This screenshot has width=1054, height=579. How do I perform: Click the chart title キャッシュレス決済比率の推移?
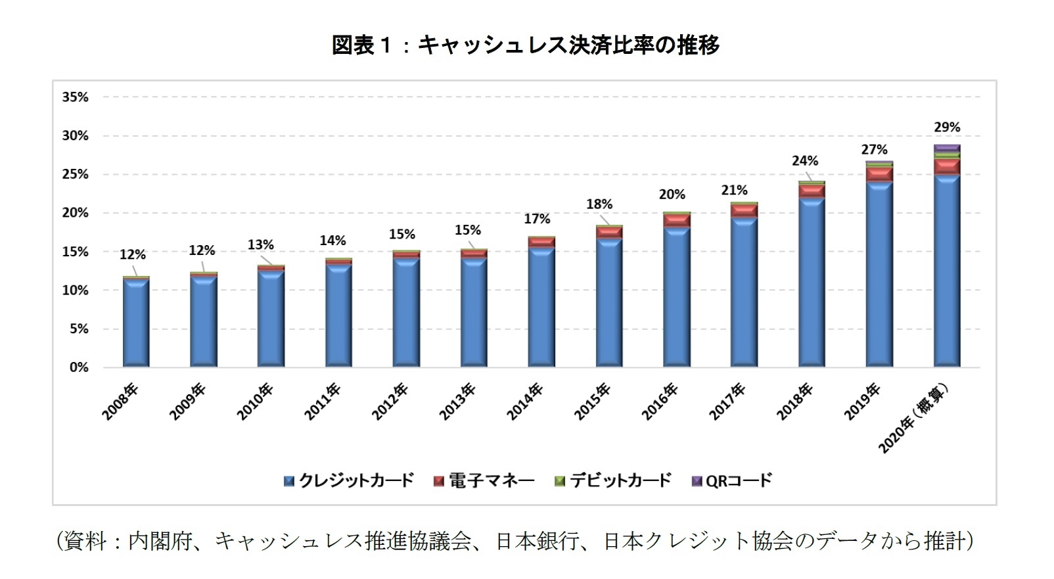pos(526,45)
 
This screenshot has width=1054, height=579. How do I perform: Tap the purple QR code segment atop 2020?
pos(947,148)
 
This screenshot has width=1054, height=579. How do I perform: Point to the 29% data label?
pos(947,127)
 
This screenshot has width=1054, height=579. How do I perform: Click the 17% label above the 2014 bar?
pos(537,219)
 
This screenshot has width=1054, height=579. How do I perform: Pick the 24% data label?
pos(804,161)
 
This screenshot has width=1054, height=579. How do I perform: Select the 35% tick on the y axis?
pos(75,97)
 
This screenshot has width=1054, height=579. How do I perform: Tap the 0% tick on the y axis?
pos(79,367)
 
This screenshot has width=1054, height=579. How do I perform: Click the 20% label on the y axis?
pos(75,213)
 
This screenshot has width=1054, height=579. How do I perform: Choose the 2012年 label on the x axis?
pos(390,402)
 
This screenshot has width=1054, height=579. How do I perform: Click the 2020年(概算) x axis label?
pos(915,418)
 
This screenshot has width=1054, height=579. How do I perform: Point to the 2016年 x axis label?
pos(660,402)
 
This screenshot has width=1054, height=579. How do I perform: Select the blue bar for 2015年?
pos(609,302)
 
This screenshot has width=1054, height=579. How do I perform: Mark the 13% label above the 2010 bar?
pos(260,245)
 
